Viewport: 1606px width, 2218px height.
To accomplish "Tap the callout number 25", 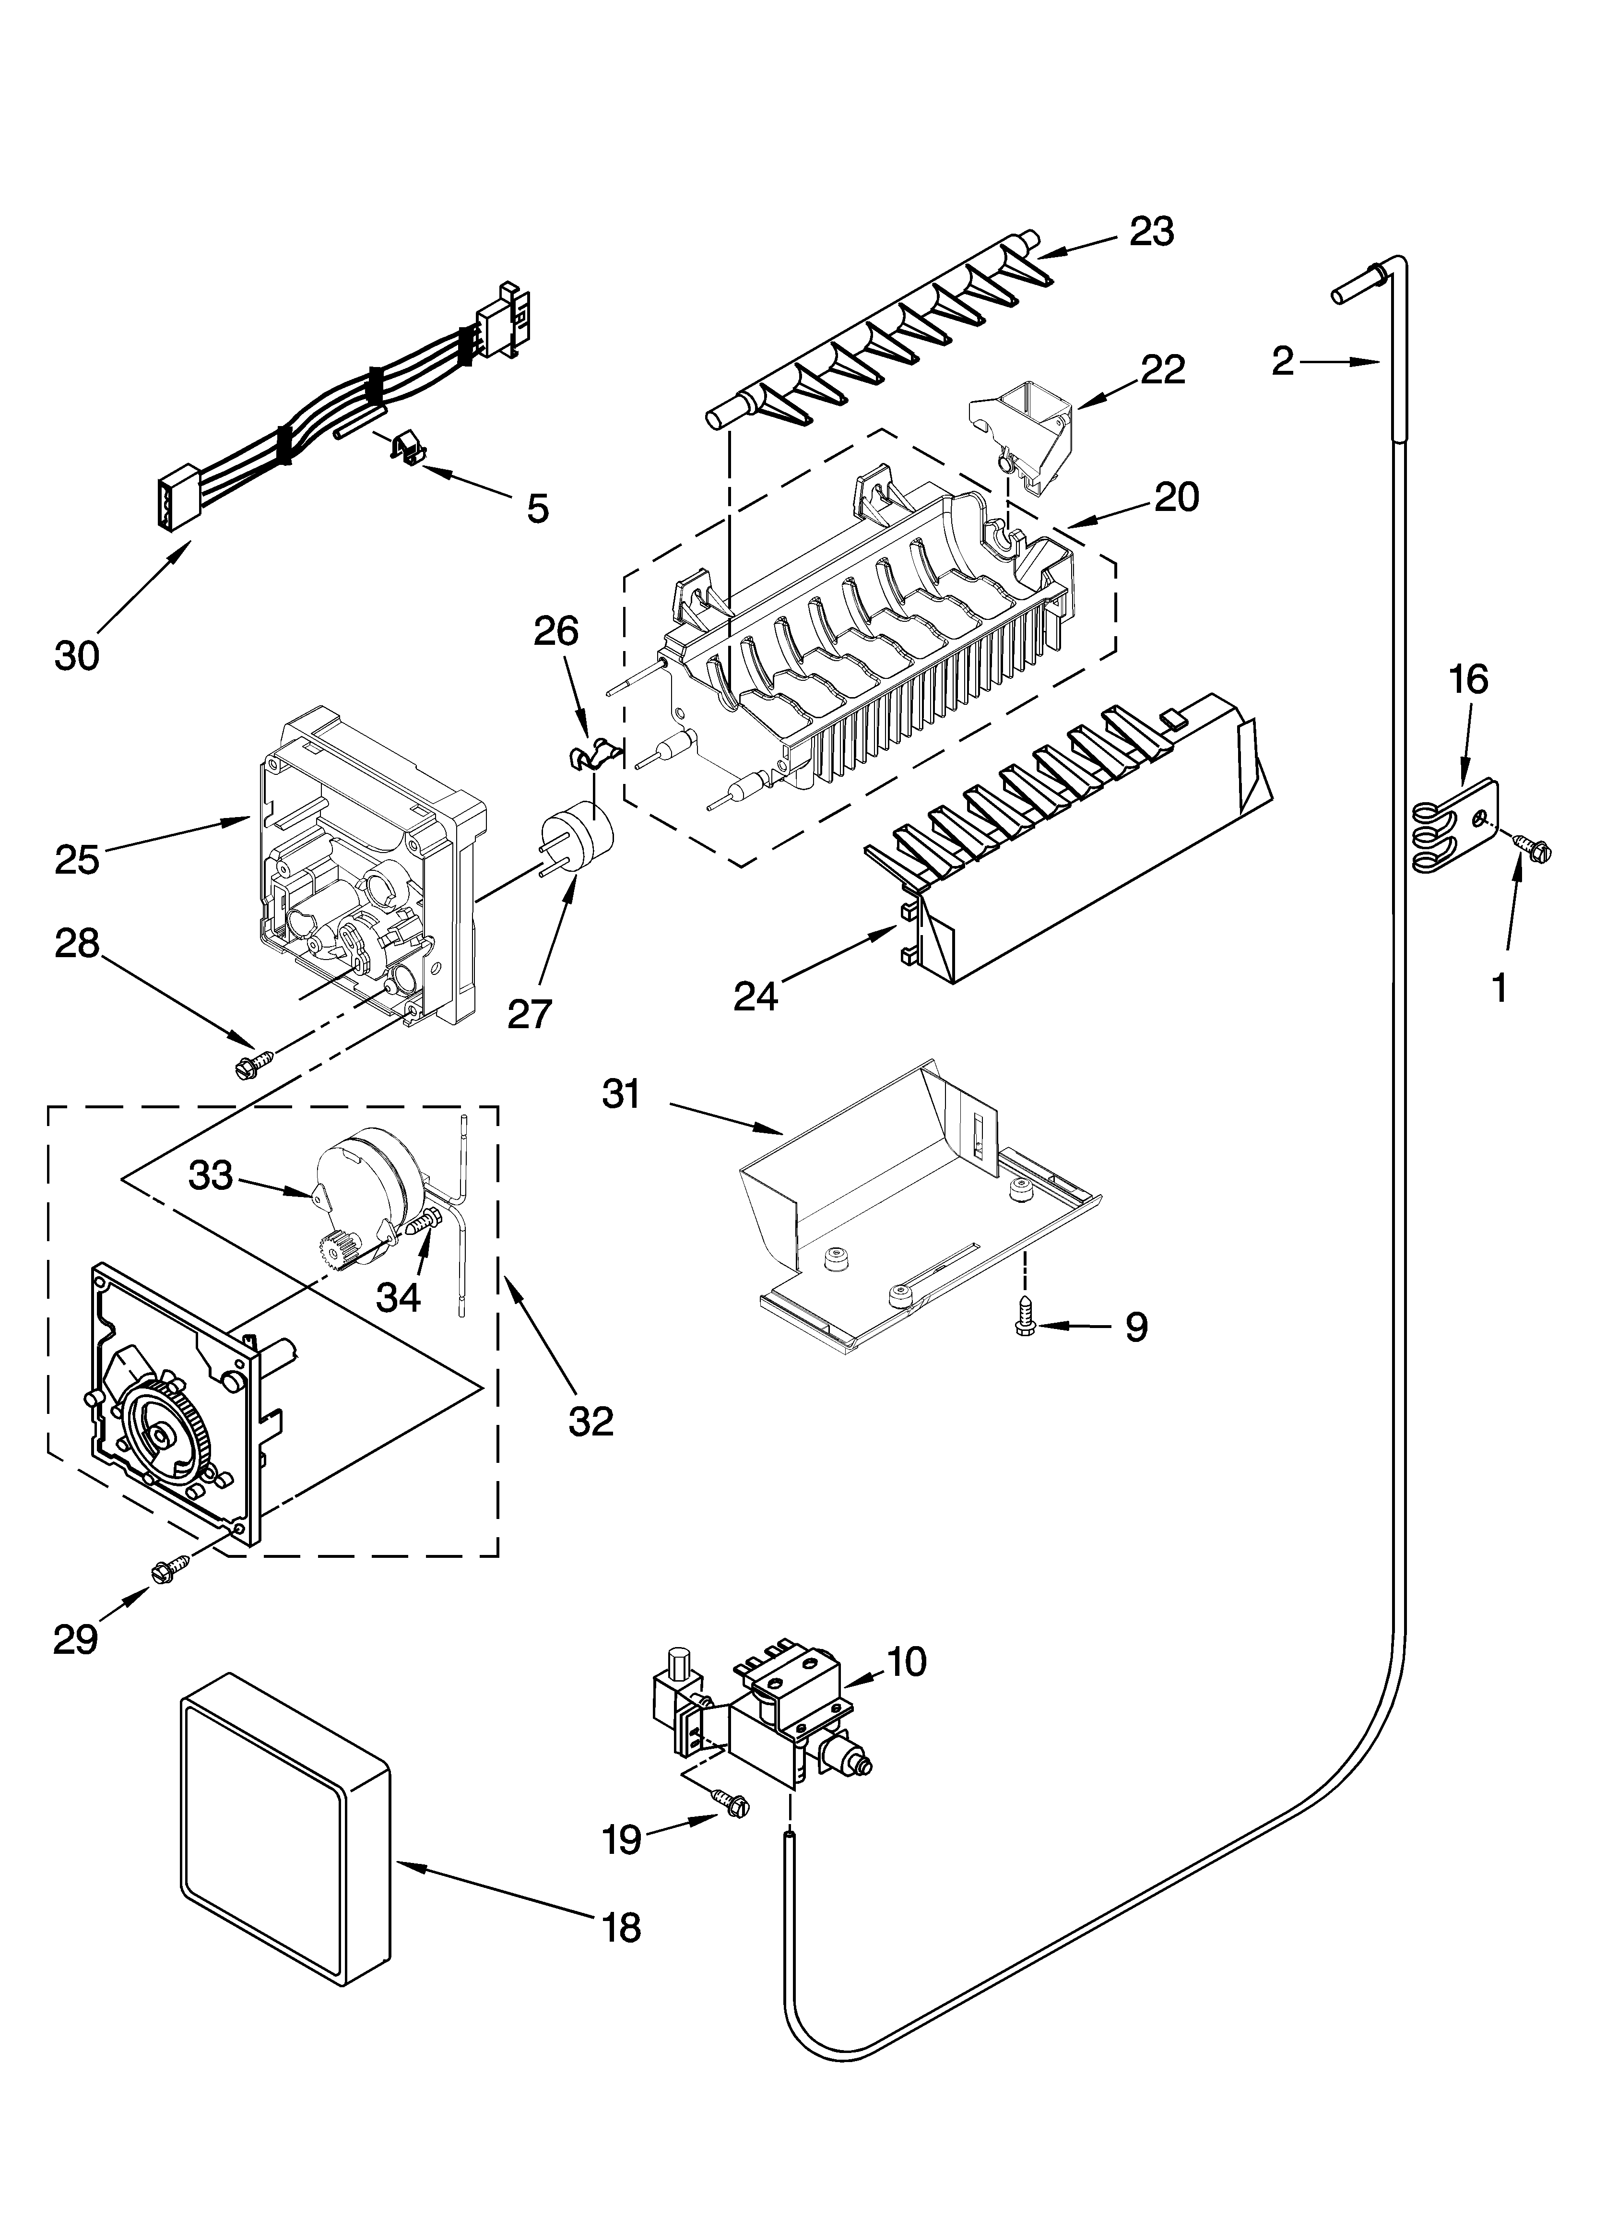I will [77, 861].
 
